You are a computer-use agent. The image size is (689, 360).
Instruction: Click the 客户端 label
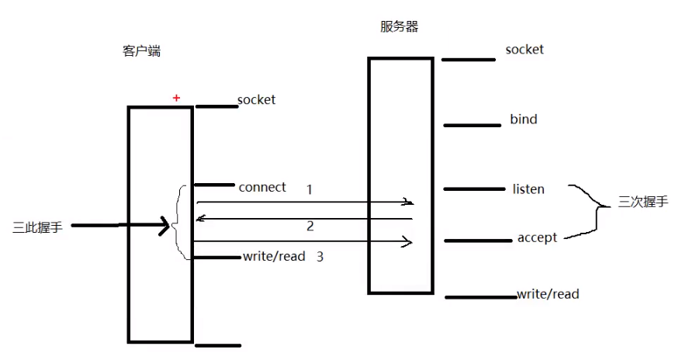[142, 51]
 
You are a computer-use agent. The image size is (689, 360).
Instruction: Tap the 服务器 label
[400, 26]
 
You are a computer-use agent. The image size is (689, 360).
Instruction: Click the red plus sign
[176, 98]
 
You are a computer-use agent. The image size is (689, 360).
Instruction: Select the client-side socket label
[256, 99]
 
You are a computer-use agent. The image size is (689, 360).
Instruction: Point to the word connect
[262, 187]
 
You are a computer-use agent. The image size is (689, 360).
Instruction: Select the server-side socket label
[525, 50]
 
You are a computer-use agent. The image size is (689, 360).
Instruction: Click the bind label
[523, 119]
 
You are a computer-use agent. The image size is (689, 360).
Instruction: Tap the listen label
[528, 189]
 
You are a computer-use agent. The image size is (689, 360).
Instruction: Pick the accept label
[537, 237]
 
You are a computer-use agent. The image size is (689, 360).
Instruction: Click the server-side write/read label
[548, 294]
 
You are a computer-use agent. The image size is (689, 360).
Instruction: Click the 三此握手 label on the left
[38, 227]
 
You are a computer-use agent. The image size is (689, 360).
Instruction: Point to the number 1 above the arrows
[310, 189]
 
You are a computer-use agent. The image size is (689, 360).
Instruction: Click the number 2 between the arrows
[310, 227]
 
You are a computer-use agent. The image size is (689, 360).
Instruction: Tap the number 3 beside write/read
[320, 256]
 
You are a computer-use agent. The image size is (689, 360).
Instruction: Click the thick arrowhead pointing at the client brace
[164, 227]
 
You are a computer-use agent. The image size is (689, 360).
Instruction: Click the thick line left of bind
[472, 124]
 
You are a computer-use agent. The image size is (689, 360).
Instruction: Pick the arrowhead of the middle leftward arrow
[201, 218]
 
